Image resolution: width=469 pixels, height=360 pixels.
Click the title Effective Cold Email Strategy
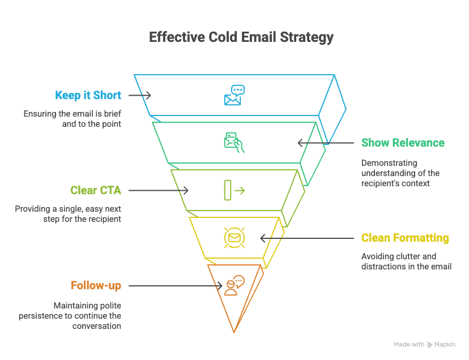tap(241, 38)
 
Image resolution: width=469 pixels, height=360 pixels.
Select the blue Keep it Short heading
tap(88, 95)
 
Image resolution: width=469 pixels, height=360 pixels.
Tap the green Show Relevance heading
tap(403, 143)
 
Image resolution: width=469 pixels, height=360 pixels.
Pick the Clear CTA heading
tap(96, 190)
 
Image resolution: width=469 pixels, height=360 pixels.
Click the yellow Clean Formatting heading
tap(405, 238)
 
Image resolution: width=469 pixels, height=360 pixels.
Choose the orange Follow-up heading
tap(96, 285)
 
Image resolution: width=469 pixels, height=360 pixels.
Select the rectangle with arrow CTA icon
tap(233, 190)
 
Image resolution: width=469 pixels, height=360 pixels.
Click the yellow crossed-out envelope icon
tap(233, 238)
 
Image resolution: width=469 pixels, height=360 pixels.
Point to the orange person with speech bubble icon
tap(233, 285)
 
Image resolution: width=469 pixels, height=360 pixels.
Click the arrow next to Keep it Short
tap(139, 95)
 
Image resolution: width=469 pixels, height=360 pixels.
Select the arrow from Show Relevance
tap(326, 143)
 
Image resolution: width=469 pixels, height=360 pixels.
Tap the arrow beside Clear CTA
tap(159, 190)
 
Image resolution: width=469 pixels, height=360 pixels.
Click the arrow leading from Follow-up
tap(176, 286)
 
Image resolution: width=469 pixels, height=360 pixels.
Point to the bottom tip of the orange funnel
tap(233, 332)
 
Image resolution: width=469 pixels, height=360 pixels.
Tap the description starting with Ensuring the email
tap(72, 118)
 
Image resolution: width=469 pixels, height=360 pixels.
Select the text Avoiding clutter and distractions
tap(406, 261)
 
